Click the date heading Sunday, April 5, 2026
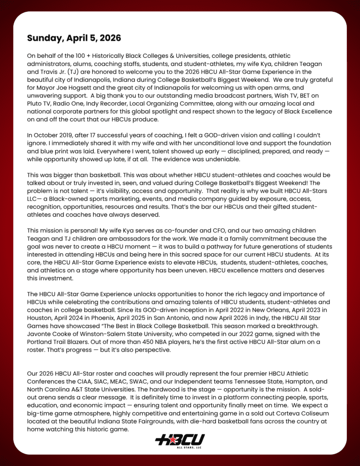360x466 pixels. (x=75, y=38)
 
